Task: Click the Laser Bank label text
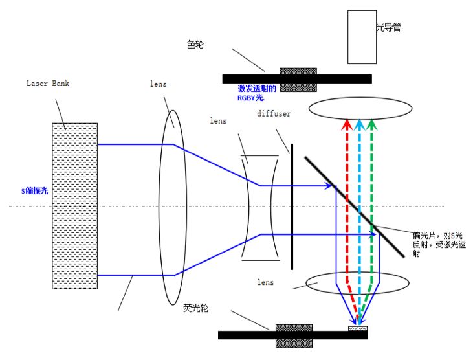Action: [x=48, y=84]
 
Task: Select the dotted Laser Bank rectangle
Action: [x=75, y=205]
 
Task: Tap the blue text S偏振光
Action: [x=34, y=191]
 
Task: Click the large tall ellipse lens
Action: [x=172, y=206]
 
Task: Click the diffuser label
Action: [x=274, y=114]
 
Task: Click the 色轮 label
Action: [x=194, y=44]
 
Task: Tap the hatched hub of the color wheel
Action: [x=298, y=78]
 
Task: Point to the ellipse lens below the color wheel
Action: [x=360, y=108]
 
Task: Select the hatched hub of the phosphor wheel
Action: [x=294, y=335]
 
